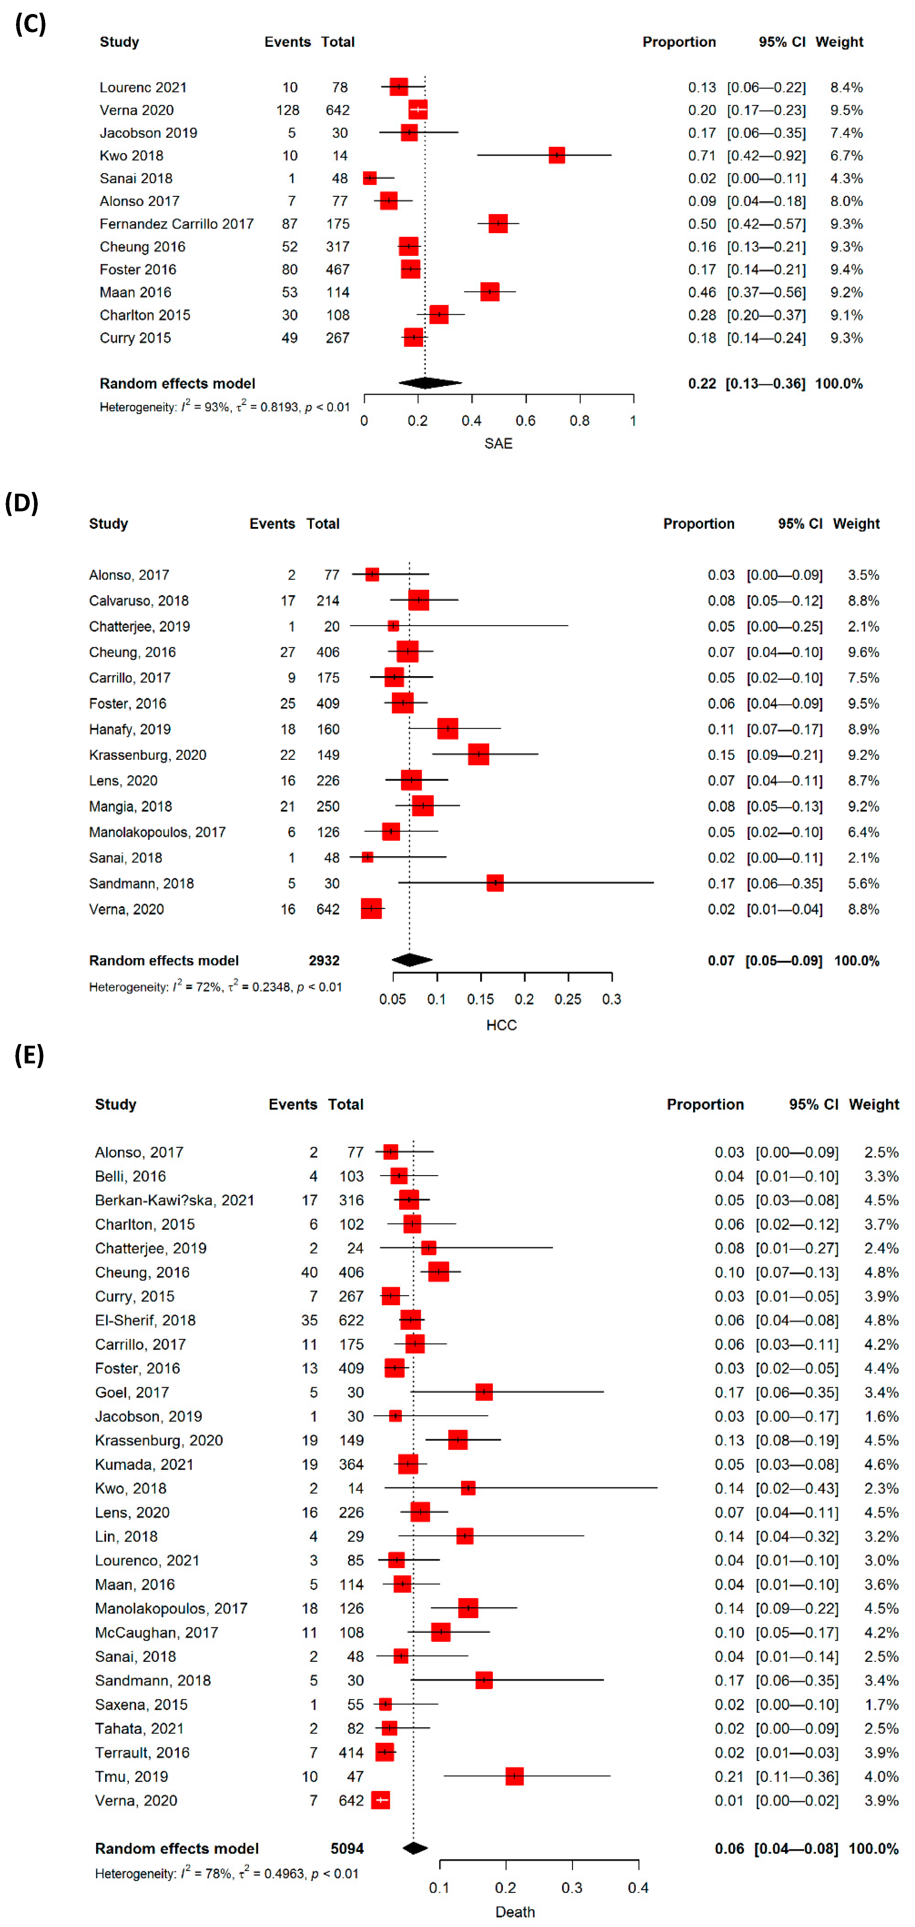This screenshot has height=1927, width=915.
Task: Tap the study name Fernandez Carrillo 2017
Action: (x=177, y=224)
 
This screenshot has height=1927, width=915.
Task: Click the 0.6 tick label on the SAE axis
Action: (x=525, y=420)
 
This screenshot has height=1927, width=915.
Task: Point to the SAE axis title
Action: (x=498, y=444)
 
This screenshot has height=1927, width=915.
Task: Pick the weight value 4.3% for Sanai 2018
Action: (x=846, y=178)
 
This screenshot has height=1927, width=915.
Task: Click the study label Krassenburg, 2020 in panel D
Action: (x=147, y=755)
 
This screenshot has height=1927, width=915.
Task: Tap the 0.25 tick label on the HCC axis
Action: (x=568, y=999)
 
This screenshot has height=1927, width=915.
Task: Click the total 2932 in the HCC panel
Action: (x=324, y=961)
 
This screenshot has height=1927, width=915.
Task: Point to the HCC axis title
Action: (x=501, y=1025)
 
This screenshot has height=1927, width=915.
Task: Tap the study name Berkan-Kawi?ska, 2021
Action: (x=174, y=1200)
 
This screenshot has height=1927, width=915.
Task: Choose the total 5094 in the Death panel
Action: (x=347, y=1849)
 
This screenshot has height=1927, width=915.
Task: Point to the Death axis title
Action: (x=515, y=1912)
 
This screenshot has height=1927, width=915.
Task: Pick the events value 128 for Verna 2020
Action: (x=287, y=110)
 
